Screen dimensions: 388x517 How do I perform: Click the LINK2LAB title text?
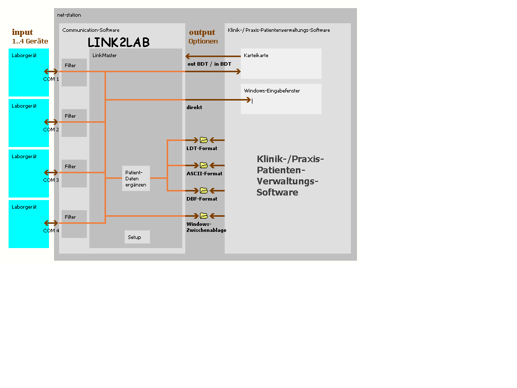click(x=119, y=42)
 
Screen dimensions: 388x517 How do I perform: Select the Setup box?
click(x=137, y=237)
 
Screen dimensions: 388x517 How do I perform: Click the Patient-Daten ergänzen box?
click(x=136, y=178)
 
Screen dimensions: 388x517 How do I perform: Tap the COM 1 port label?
click(x=51, y=79)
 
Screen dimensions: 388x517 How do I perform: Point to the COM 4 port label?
click(x=51, y=231)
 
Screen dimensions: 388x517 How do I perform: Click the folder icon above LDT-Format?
click(x=204, y=140)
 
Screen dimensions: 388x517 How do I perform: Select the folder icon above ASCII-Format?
click(x=204, y=165)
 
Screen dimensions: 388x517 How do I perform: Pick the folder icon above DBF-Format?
click(x=204, y=190)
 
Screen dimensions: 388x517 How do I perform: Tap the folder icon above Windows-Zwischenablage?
click(x=204, y=216)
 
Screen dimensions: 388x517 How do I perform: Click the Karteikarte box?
click(x=281, y=63)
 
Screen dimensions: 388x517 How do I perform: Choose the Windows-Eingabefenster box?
click(x=281, y=99)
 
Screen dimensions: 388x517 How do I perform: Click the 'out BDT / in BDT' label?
click(x=209, y=64)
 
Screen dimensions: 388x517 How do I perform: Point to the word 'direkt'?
click(x=194, y=108)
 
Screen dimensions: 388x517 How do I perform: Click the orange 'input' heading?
click(x=22, y=32)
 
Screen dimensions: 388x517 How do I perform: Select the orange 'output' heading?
click(x=202, y=32)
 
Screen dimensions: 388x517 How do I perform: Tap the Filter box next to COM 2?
click(x=74, y=123)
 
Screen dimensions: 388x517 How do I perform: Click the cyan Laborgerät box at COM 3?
click(x=29, y=173)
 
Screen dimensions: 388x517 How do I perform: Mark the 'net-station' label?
click(x=69, y=15)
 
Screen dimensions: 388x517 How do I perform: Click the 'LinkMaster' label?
click(x=105, y=56)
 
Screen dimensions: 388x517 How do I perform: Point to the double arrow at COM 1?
click(x=51, y=71)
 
